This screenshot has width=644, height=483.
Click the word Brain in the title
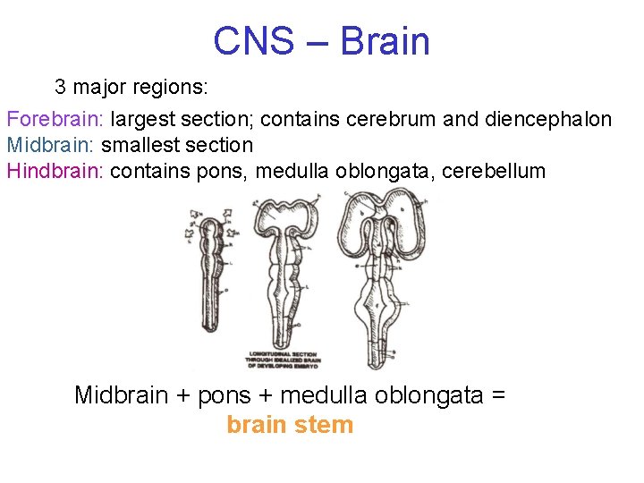click(x=386, y=41)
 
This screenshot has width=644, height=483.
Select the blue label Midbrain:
click(x=51, y=145)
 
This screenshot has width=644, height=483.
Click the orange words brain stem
click(x=290, y=425)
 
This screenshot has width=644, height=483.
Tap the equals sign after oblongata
click(x=498, y=394)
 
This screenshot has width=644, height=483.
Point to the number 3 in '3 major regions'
click(x=61, y=88)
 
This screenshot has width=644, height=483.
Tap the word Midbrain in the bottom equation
click(x=121, y=394)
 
